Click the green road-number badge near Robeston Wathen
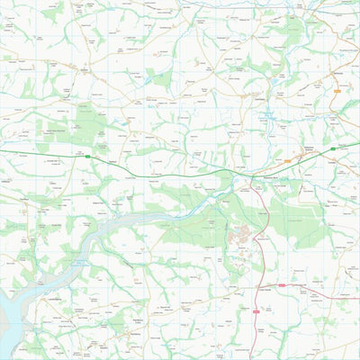(332, 148)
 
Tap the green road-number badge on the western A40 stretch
(88, 156)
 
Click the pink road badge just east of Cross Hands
(281, 285)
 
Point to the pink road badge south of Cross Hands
(257, 310)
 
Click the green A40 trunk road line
(180, 169)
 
